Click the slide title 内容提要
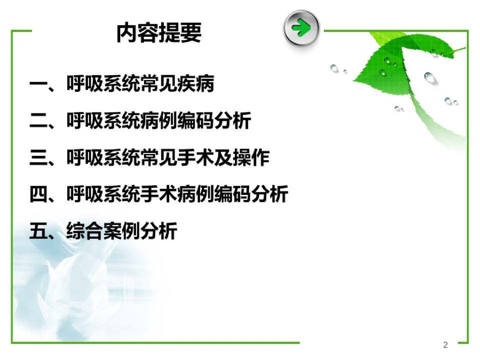pyautogui.click(x=159, y=33)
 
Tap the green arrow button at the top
pyautogui.click(x=301, y=28)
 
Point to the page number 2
pyautogui.click(x=446, y=345)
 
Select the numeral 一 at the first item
pyautogui.click(x=38, y=83)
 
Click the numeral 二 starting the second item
pyautogui.click(x=38, y=121)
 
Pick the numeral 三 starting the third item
pyautogui.click(x=38, y=158)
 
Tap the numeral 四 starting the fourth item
pyautogui.click(x=38, y=194)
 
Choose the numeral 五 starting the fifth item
pyautogui.click(x=38, y=231)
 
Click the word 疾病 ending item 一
pyautogui.click(x=196, y=83)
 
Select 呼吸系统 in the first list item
pyautogui.click(x=104, y=83)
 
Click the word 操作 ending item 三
pyautogui.click(x=251, y=158)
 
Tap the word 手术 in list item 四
pyautogui.click(x=159, y=194)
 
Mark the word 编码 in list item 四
pyautogui.click(x=232, y=194)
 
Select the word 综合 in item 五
pyautogui.click(x=85, y=231)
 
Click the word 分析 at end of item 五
pyautogui.click(x=159, y=231)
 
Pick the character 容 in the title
pyautogui.click(x=148, y=33)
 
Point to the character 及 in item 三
pyautogui.click(x=223, y=158)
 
